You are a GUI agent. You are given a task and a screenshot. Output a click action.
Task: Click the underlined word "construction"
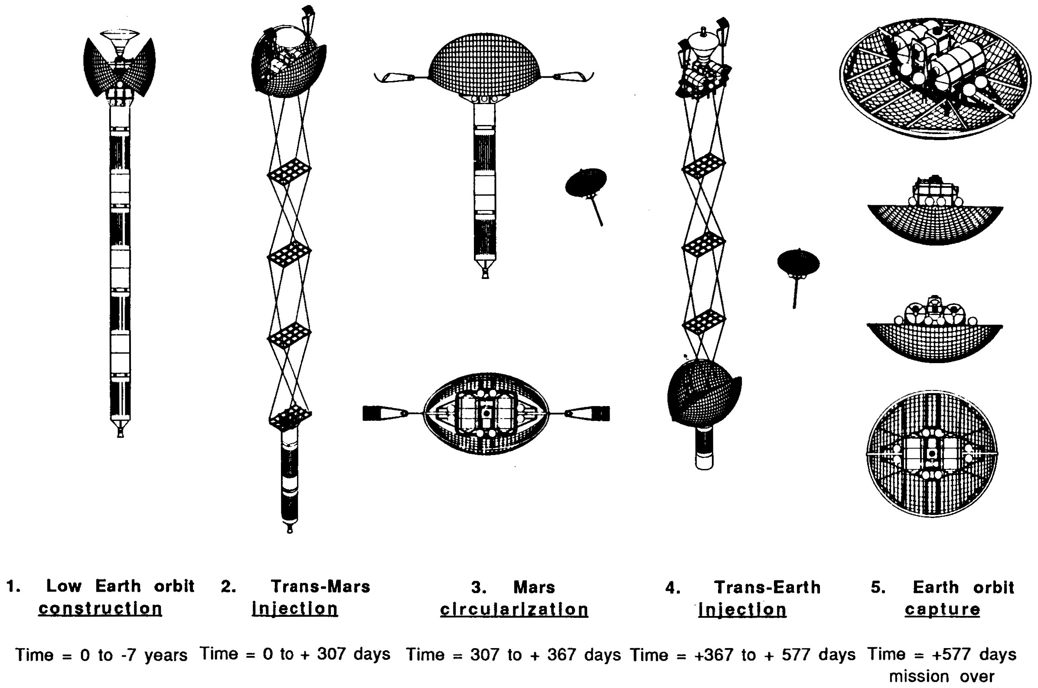(101, 609)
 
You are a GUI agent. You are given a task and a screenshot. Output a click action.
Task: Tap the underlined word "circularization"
(514, 609)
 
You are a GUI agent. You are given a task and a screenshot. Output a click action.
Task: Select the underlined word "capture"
(942, 610)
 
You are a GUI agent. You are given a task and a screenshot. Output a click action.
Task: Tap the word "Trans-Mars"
(320, 586)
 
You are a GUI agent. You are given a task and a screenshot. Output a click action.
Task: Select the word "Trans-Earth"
(767, 587)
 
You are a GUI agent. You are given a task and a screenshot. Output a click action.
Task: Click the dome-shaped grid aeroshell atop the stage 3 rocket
(484, 65)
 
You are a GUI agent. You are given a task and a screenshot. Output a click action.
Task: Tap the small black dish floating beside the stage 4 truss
(798, 262)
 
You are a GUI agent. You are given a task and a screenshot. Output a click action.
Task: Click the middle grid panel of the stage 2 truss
(290, 254)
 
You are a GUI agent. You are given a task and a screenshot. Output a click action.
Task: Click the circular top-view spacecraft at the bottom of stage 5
(932, 454)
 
